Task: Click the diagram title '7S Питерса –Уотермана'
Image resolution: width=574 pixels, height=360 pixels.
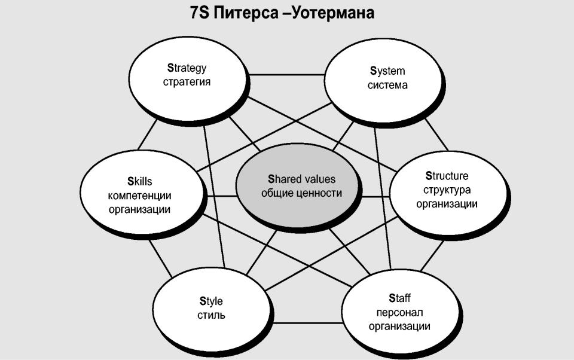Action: point(282,13)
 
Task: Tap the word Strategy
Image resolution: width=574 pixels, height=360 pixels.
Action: point(187,69)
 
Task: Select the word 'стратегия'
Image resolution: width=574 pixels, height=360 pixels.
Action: point(187,82)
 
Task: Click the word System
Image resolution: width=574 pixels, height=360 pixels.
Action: point(387,71)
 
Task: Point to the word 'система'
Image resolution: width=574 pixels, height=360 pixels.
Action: point(387,85)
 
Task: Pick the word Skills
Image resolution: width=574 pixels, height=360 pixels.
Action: point(139,181)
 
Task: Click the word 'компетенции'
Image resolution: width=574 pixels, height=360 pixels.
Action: point(139,196)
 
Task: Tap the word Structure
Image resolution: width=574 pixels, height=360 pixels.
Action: point(447,176)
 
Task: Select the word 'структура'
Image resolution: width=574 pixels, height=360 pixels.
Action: point(447,190)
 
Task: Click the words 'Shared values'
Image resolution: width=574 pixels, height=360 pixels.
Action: point(301,179)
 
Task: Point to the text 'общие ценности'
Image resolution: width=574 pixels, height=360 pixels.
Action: point(301,193)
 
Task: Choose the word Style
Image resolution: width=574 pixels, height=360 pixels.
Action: point(211,301)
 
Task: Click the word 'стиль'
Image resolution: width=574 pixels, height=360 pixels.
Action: point(211,315)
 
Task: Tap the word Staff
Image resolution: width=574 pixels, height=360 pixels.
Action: point(399,298)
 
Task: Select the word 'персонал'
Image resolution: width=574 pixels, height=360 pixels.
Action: point(399,312)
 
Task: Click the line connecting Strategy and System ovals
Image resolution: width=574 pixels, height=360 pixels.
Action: point(286,75)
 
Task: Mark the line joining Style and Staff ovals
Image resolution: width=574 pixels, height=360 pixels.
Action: point(307,323)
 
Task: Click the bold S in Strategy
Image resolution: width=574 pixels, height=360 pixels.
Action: point(170,68)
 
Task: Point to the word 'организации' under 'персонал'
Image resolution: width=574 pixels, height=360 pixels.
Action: point(399,327)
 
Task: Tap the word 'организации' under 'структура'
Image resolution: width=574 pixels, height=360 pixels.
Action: point(447,204)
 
